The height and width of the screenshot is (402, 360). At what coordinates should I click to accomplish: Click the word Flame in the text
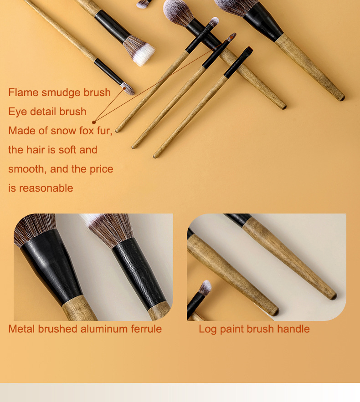tap(23, 92)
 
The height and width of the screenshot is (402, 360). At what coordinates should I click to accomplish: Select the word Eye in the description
tap(16, 112)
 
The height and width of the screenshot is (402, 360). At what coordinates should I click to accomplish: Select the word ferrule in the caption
tap(145, 329)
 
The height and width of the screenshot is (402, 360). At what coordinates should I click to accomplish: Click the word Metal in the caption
tap(22, 329)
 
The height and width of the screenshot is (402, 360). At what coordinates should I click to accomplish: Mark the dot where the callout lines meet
tap(94, 122)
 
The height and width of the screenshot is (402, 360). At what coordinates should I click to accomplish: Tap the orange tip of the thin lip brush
tap(232, 36)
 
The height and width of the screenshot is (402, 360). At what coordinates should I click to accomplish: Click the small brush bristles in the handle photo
tap(205, 287)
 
